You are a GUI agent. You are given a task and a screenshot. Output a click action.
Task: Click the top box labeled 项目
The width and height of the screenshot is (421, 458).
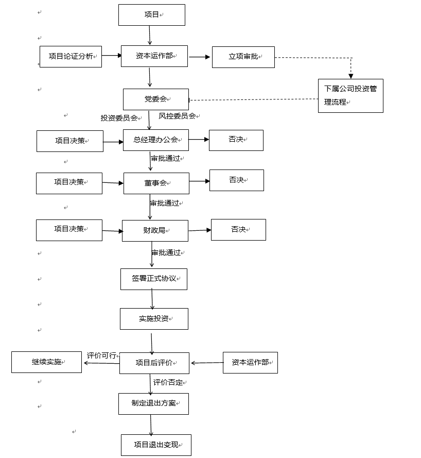[151, 15]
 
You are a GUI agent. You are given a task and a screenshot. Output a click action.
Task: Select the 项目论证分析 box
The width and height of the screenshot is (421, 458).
[71, 57]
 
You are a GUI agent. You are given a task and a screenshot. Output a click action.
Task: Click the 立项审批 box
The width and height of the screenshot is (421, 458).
[243, 57]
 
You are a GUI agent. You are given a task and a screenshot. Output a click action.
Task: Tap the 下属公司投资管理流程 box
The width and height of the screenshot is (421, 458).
[350, 96]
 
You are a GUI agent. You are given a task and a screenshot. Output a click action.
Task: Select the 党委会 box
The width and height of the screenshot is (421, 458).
[155, 99]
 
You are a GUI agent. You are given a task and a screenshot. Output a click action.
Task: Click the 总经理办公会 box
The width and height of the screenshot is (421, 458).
[155, 140]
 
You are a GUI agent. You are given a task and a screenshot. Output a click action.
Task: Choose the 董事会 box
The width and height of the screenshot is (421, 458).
[156, 183]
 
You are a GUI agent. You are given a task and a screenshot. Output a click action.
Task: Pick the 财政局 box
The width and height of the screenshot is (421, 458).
[154, 230]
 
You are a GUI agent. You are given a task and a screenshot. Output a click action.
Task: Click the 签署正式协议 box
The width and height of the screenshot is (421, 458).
[153, 279]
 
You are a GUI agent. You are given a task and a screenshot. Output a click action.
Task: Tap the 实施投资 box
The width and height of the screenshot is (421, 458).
[154, 319]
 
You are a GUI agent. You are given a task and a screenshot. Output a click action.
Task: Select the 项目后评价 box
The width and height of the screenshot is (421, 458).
[154, 363]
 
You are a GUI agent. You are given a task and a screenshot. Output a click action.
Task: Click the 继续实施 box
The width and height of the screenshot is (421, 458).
[46, 362]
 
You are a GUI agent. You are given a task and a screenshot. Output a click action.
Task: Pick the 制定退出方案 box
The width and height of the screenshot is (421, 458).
[153, 403]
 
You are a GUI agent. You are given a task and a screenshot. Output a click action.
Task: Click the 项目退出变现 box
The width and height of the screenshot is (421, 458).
[155, 445]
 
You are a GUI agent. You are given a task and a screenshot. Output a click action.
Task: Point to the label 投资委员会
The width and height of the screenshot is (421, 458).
[119, 118]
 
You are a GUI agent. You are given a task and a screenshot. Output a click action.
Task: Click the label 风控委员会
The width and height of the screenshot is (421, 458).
[177, 116]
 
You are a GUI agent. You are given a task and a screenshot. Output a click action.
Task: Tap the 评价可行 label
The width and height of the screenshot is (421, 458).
[101, 355]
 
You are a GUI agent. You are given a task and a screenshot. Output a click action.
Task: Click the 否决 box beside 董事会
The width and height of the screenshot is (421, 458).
[236, 180]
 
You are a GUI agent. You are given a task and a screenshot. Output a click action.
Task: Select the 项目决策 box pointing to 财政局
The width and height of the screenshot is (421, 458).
[69, 230]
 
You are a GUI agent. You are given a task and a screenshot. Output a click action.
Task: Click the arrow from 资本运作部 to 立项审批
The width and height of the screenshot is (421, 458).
[199, 57]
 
